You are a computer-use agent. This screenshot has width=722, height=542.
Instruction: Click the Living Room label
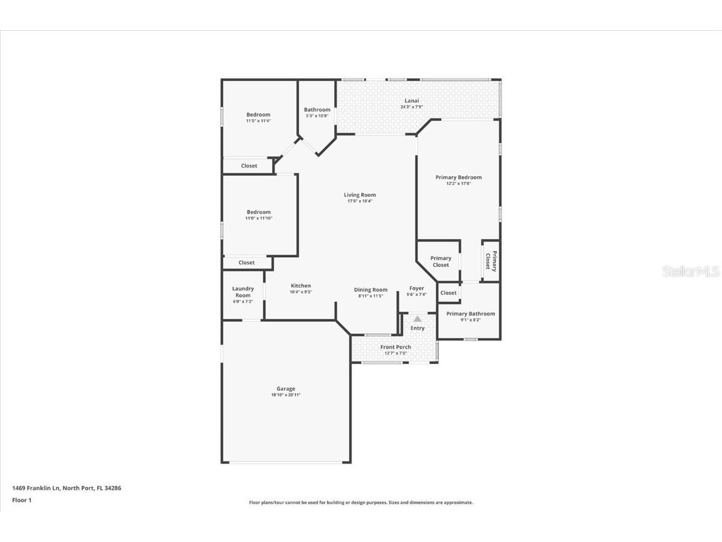coord(360,195)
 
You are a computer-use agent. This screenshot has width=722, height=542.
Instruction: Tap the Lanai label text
coord(412,101)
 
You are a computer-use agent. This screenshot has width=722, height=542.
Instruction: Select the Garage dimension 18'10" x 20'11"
coord(286,395)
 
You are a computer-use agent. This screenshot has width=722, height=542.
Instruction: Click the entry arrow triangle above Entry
coord(417,319)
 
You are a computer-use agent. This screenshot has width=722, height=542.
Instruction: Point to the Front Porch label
coord(395,347)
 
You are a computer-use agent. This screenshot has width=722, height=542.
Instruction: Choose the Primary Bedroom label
coord(459,178)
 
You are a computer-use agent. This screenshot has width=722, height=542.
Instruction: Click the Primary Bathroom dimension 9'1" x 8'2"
coord(471,320)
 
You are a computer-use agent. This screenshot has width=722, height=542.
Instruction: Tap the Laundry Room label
coord(243,292)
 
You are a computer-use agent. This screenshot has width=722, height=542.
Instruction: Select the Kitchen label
coord(301,285)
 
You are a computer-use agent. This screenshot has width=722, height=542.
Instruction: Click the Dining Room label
coord(370,290)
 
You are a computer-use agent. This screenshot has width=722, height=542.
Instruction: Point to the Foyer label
coord(417,289)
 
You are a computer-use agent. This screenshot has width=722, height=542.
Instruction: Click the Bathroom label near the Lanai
coord(317,110)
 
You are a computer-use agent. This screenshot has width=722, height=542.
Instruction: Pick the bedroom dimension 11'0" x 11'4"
coord(258,120)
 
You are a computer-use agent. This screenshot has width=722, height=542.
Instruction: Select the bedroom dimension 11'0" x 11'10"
coord(258,218)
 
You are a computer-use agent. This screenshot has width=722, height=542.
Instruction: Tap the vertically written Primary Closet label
coord(491,261)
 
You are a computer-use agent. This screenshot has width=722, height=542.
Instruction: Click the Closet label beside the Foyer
coord(448,293)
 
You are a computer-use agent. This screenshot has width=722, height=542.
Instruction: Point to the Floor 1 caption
coord(21,500)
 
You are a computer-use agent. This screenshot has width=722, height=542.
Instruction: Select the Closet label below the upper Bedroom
coord(249,166)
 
